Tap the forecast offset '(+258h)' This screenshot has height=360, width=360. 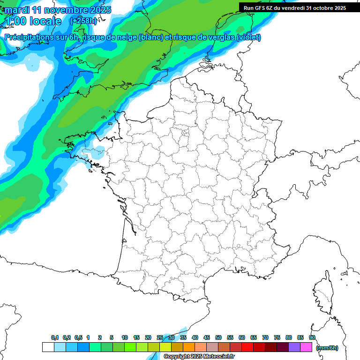click(x=83, y=21)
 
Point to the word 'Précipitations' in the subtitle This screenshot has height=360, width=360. click(x=28, y=37)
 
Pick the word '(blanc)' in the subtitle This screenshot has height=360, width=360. click(x=150, y=37)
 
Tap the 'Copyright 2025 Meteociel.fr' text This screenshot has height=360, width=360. click(x=199, y=357)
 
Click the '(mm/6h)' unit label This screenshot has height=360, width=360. click(x=327, y=348)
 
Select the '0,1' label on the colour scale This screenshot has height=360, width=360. click(x=55, y=338)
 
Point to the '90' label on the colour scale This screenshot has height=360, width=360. click(x=312, y=338)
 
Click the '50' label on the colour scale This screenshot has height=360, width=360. click(x=218, y=338)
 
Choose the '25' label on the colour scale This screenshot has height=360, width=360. click(x=160, y=338)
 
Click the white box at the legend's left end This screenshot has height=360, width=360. click(x=48, y=347)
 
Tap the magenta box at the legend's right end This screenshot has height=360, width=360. click(x=306, y=347)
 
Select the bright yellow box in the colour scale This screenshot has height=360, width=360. click(x=165, y=347)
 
